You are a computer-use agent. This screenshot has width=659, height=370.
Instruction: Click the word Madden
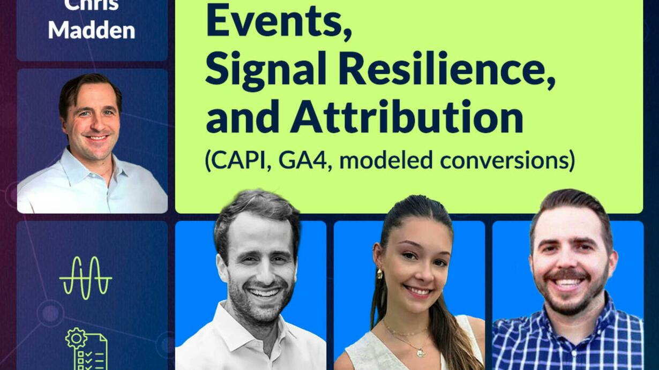pyautogui.click(x=92, y=30)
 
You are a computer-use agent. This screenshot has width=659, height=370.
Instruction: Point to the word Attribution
pyautogui.click(x=407, y=117)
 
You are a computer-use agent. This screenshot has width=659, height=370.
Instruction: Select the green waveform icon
pyautogui.click(x=85, y=278)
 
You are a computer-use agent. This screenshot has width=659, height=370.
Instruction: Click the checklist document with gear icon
pyautogui.click(x=86, y=349)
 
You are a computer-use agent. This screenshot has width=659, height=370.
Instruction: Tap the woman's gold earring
pyautogui.click(x=379, y=274)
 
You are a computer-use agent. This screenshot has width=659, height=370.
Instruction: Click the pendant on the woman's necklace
pyautogui.click(x=420, y=352)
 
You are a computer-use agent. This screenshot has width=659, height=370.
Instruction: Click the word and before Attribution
pyautogui.click(x=242, y=117)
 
